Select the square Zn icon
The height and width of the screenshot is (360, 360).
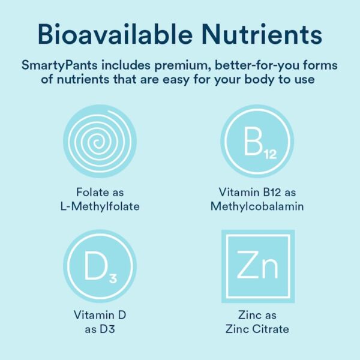click(256, 266)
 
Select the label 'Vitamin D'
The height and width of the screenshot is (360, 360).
click(100, 314)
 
